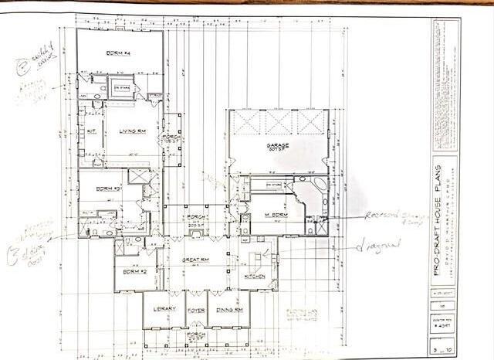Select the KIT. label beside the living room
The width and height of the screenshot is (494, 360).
pos(91,131)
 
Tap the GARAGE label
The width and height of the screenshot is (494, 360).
pos(278,145)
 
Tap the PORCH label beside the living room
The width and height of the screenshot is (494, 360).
pos(170,139)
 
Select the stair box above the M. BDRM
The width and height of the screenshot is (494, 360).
pos(273,185)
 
